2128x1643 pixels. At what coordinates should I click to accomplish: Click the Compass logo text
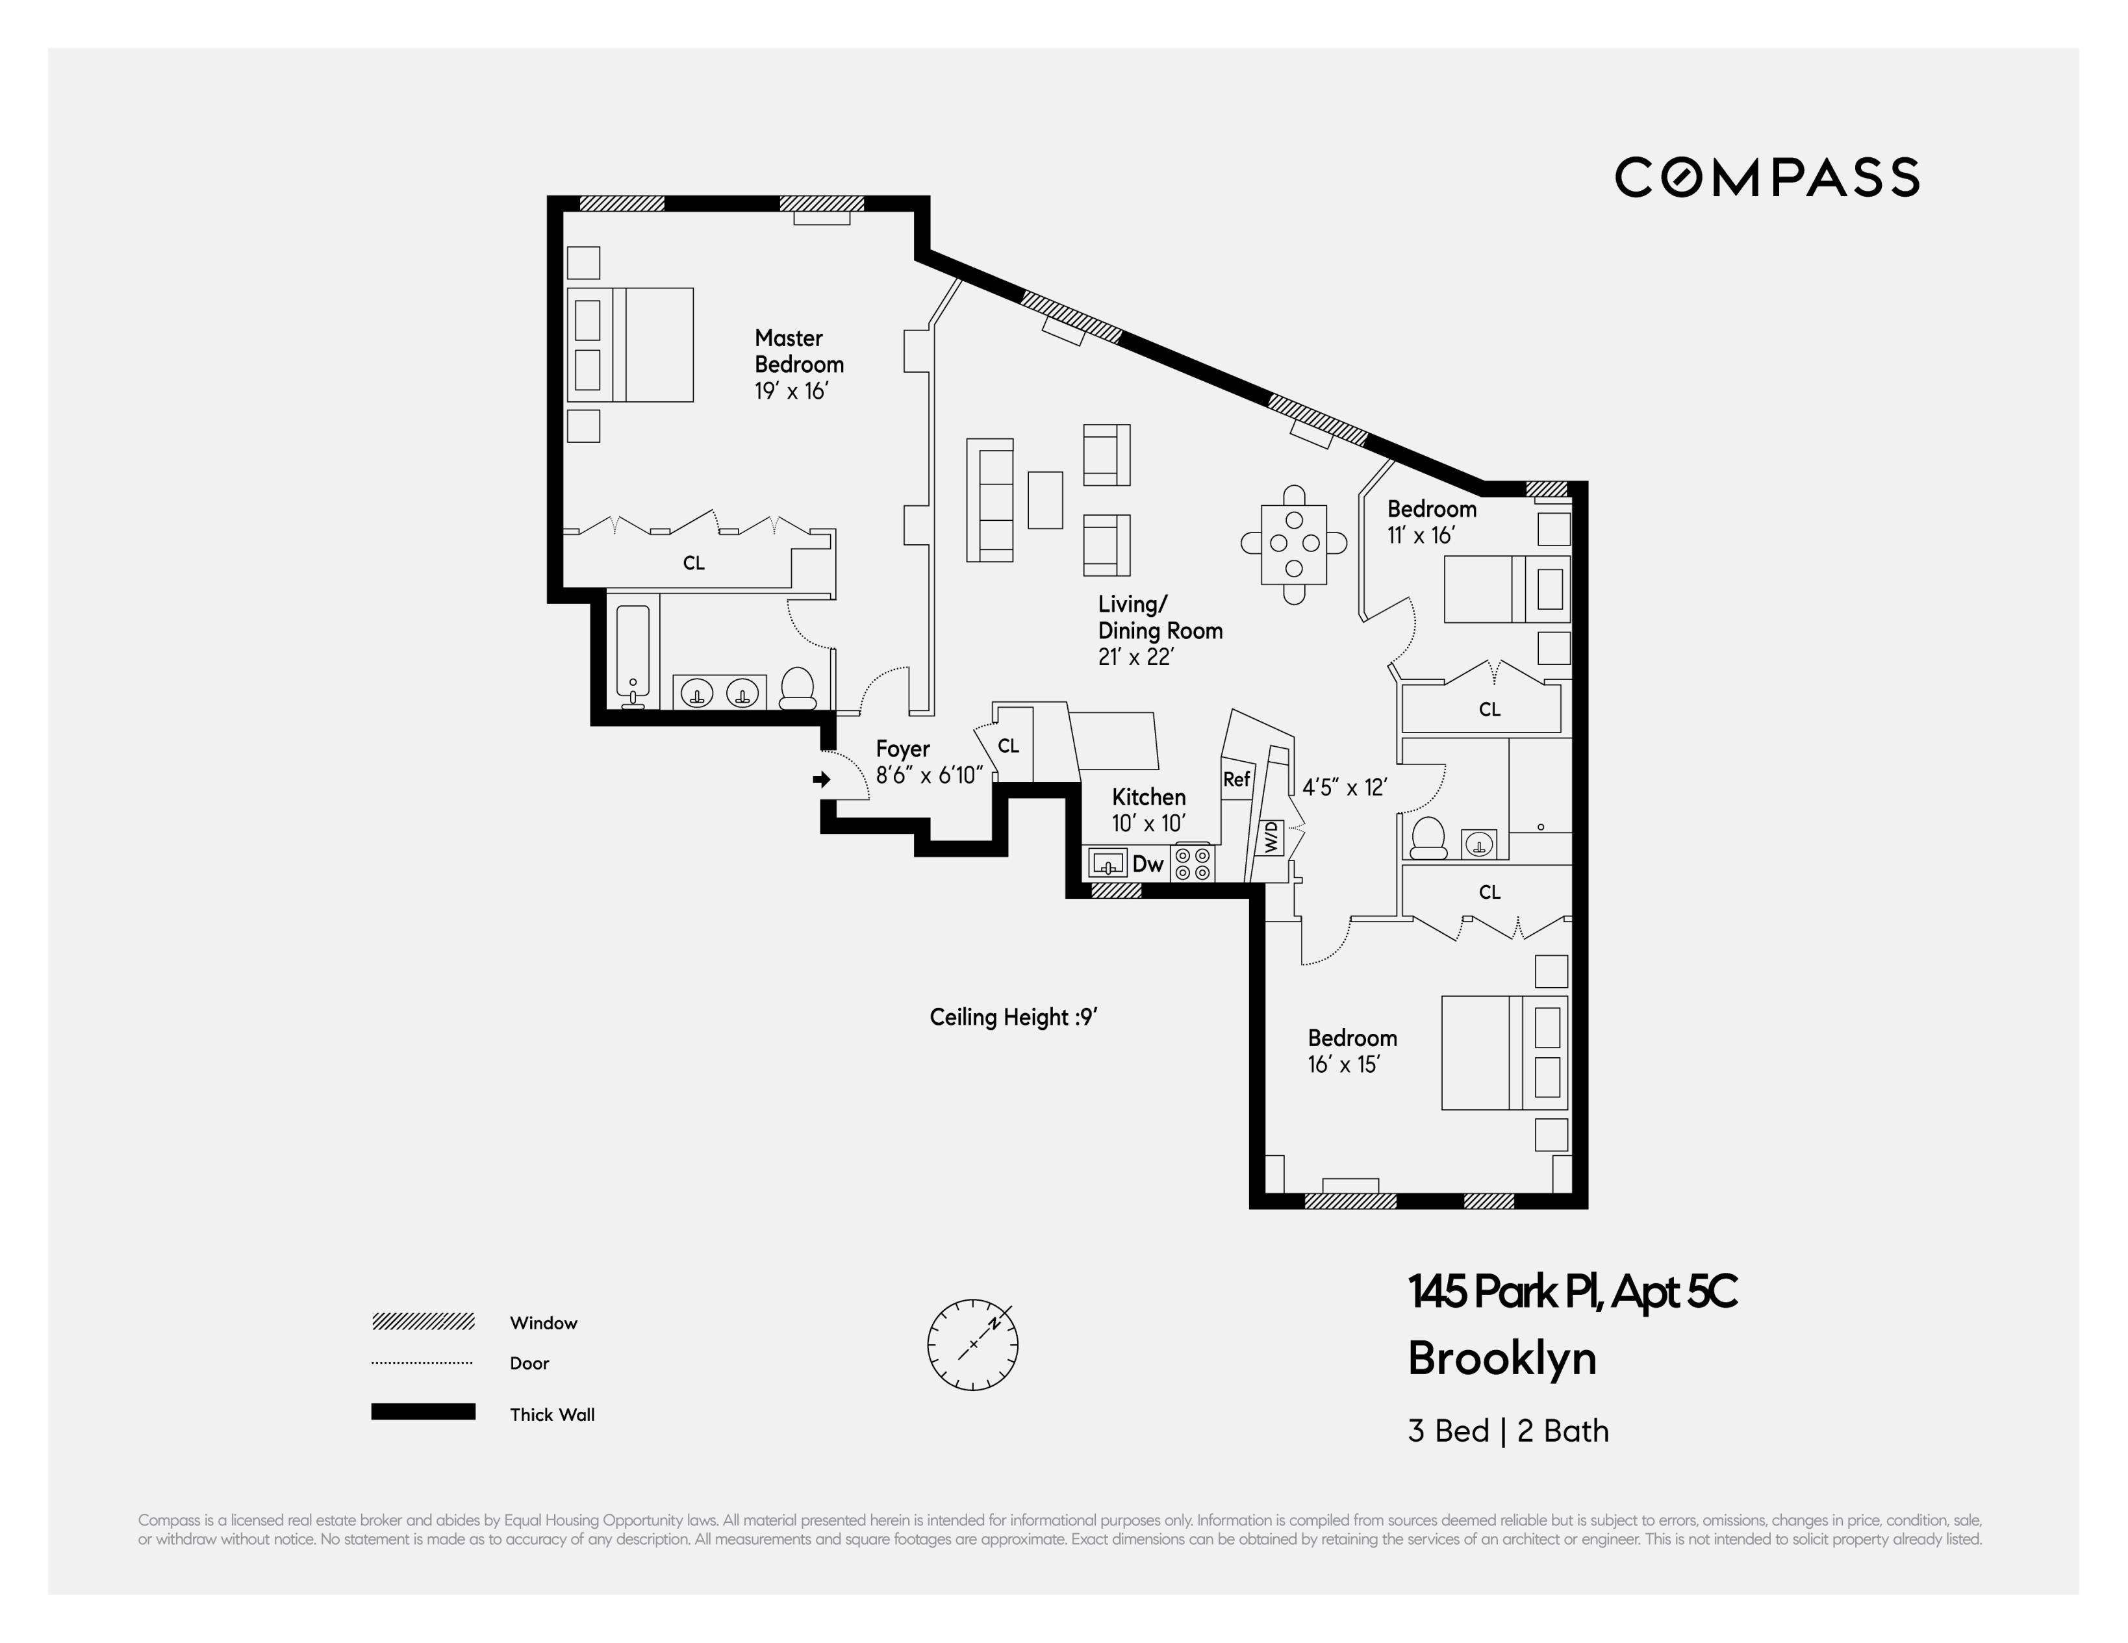point(1767,177)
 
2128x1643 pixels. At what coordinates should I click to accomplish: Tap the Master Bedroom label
point(798,351)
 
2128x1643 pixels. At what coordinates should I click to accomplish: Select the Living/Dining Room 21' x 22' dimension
point(1135,657)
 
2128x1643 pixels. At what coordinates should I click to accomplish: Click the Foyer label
point(902,749)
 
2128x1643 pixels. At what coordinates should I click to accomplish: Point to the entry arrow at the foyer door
point(821,779)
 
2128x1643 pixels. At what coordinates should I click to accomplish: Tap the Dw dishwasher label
point(1148,864)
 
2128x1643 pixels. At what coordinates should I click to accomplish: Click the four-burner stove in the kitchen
point(1193,863)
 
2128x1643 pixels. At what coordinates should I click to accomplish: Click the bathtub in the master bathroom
point(633,655)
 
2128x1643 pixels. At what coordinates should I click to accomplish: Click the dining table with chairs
point(1293,544)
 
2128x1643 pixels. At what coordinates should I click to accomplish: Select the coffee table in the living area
point(1045,499)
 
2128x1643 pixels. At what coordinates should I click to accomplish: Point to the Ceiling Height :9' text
point(1013,1018)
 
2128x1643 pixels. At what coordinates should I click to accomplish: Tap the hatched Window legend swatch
point(423,1322)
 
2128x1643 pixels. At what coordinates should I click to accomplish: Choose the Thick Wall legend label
point(551,1414)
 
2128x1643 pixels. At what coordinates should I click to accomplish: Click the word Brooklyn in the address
point(1502,1358)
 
